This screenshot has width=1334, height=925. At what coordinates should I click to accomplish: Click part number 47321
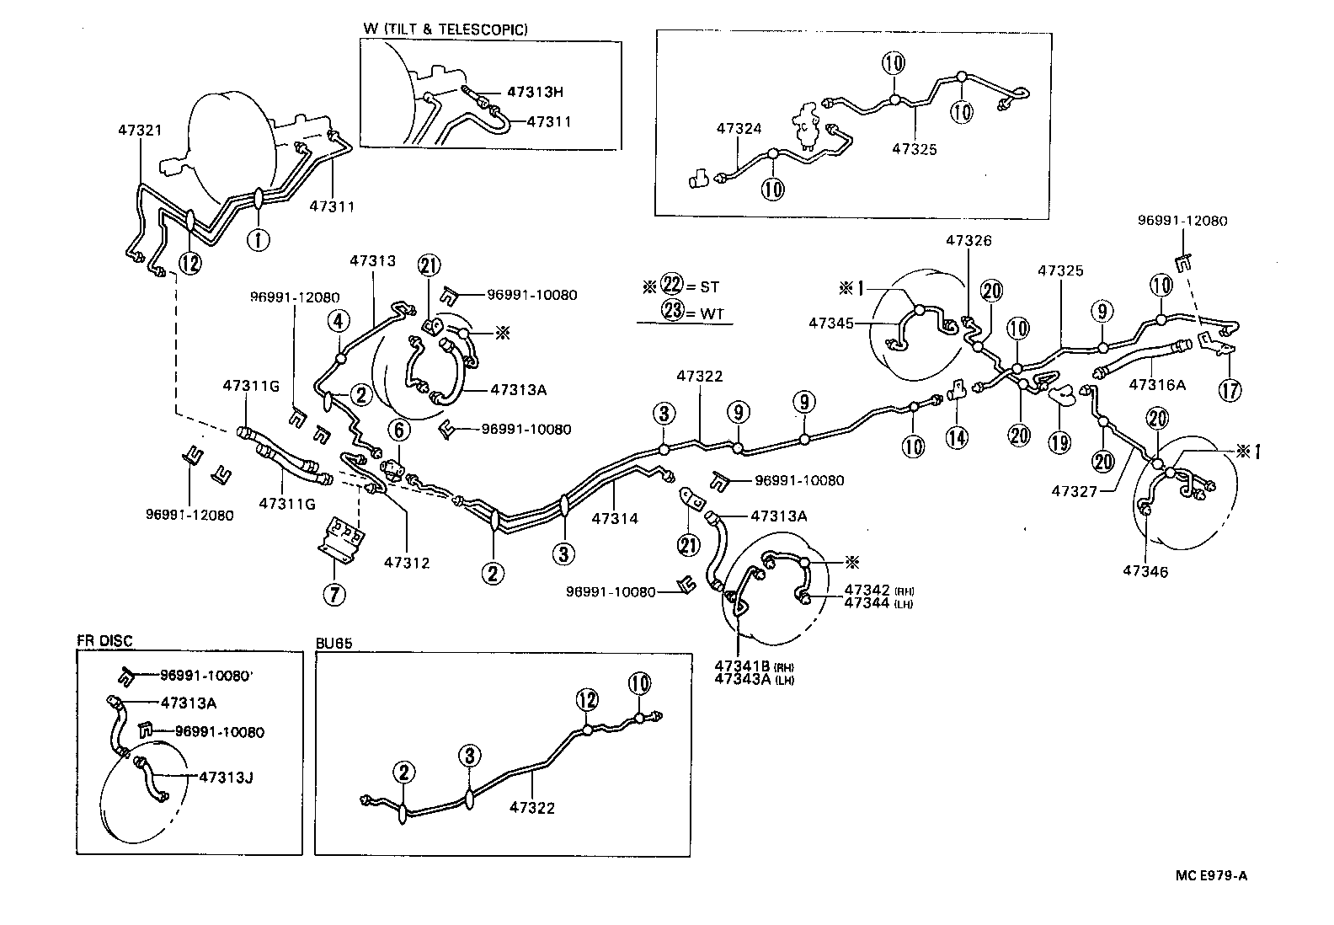tap(140, 131)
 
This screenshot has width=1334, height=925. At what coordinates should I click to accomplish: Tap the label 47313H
tap(535, 93)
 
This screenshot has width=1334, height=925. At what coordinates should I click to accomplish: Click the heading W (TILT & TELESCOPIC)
tap(446, 29)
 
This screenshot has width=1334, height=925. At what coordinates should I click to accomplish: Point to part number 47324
tap(739, 129)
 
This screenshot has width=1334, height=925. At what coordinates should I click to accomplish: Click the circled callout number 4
tap(339, 320)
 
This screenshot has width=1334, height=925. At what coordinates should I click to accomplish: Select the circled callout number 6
tap(399, 429)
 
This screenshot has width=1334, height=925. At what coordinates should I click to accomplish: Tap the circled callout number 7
tap(333, 595)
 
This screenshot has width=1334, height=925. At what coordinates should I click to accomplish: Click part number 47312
tap(407, 562)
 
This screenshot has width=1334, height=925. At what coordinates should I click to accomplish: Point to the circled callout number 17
tap(1230, 389)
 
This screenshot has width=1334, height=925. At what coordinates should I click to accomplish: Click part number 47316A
tap(1157, 384)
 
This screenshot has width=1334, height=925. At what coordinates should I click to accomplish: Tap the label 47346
tap(1145, 571)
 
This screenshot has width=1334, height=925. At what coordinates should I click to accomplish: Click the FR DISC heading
tap(104, 641)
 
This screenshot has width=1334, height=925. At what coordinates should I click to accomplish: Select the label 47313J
tap(226, 777)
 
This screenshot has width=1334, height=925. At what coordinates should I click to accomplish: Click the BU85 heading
tap(333, 642)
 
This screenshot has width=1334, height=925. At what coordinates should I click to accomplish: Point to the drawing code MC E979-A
tap(1211, 875)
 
